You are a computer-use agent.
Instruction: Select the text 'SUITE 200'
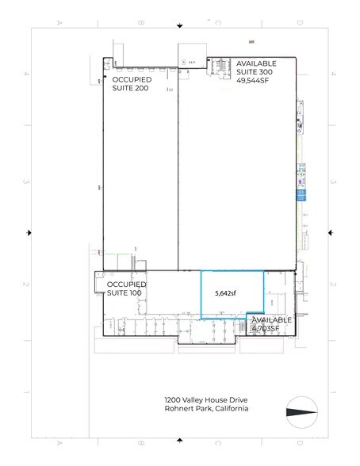tap(131, 89)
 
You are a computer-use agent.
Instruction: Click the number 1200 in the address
tap(164, 400)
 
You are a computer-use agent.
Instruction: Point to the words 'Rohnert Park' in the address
tap(180, 410)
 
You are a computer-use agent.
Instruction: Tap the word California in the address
tap(228, 410)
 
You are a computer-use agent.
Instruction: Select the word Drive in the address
tap(238, 400)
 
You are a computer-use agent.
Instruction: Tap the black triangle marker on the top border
tap(179, 25)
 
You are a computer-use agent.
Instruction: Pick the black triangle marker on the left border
tap(29, 232)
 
